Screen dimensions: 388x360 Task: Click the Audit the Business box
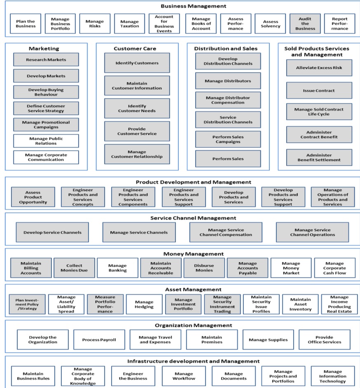(305, 24)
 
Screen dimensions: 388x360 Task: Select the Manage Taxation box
(130, 24)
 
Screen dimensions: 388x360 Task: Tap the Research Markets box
(46, 60)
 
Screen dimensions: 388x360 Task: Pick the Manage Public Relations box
(46, 141)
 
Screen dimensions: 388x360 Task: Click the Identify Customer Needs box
(137, 108)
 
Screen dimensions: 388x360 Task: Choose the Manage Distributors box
(228, 81)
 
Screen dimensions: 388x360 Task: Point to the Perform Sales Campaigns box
(228, 139)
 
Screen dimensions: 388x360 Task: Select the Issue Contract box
(319, 91)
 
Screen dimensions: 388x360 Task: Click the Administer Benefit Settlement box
(319, 158)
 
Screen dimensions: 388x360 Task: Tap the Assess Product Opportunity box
(33, 197)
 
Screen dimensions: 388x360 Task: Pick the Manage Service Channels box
(139, 232)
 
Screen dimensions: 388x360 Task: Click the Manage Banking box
(117, 268)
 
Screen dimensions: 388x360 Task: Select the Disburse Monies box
(204, 268)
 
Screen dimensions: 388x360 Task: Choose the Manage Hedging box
(144, 304)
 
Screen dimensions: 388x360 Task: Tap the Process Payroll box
(99, 340)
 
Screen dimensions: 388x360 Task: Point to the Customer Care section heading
(135, 49)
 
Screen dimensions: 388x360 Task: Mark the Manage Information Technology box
(333, 376)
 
